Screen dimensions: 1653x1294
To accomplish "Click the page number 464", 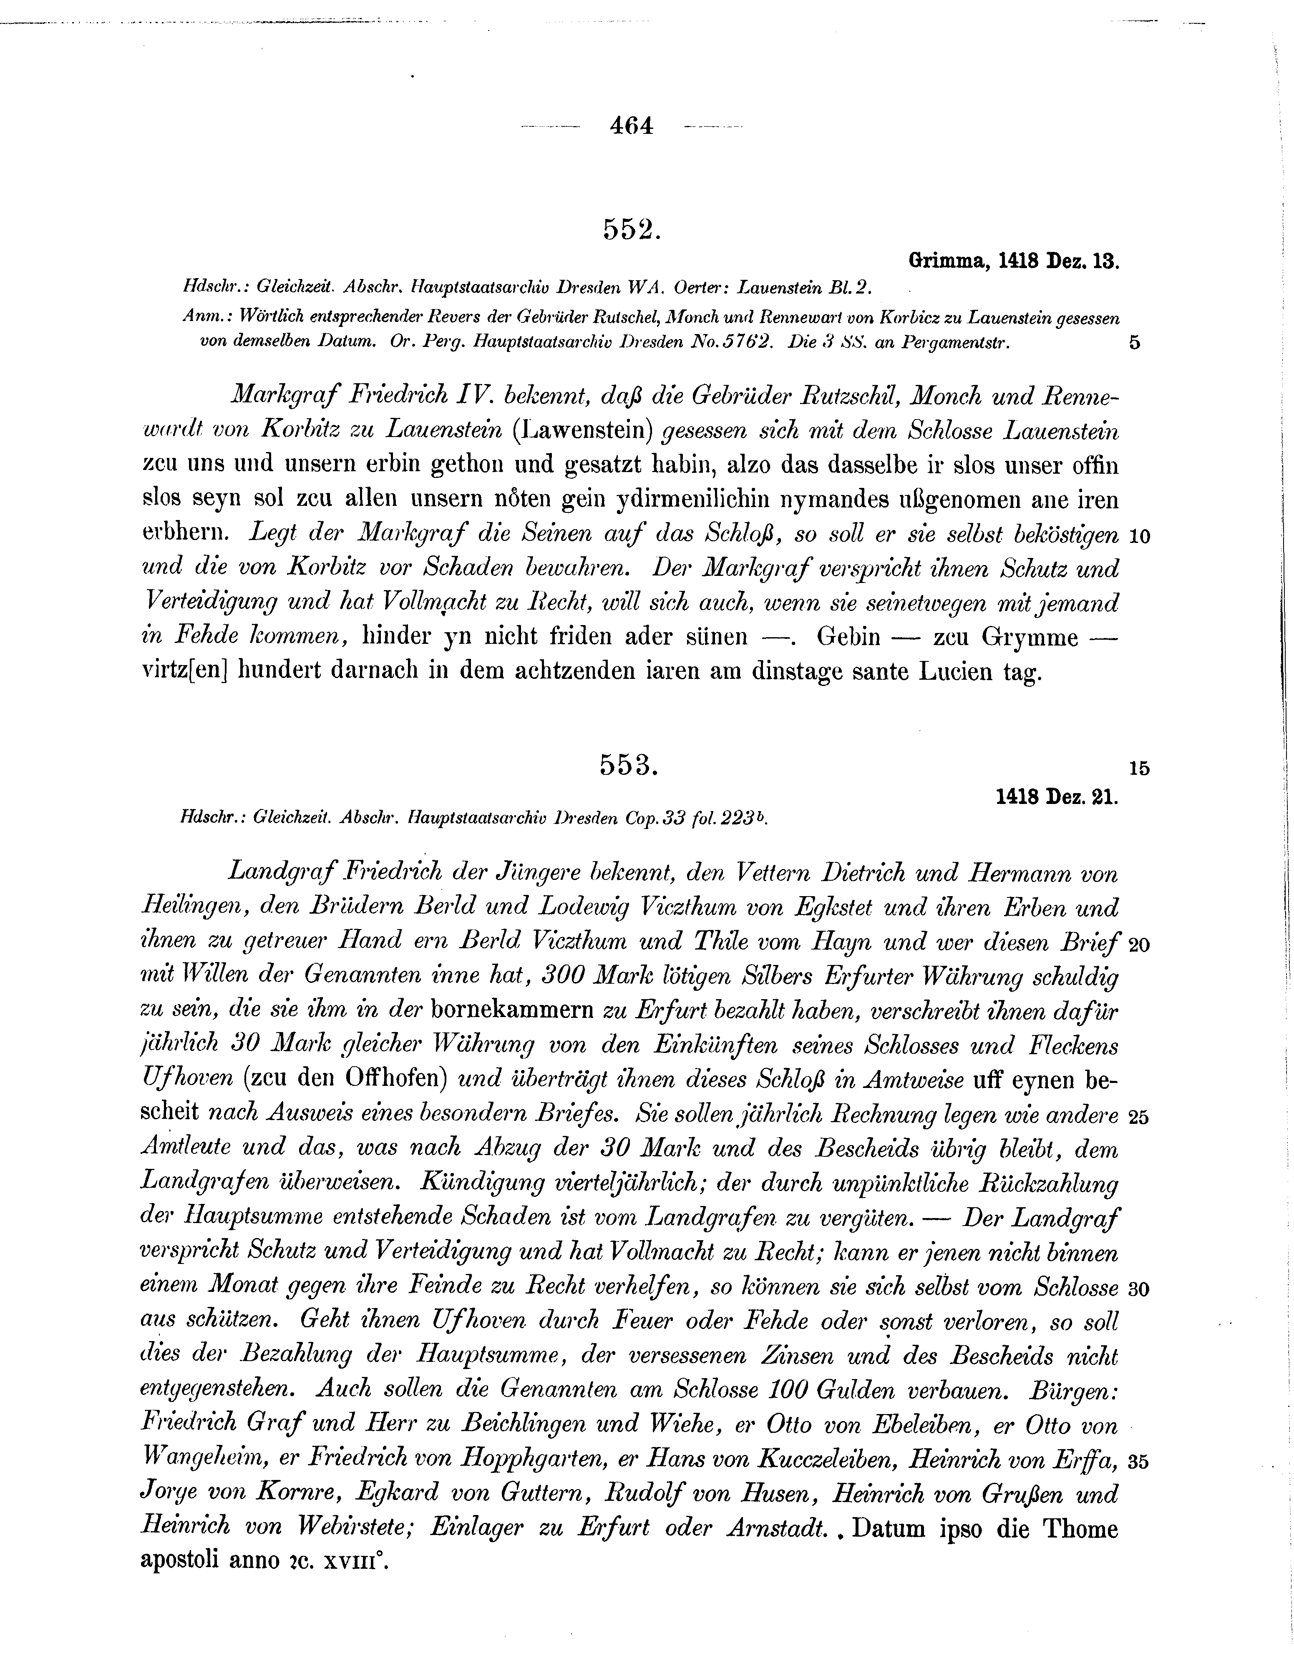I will (x=630, y=126).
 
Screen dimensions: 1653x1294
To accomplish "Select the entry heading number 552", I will (x=632, y=228).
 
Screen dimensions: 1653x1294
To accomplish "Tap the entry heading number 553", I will (x=629, y=766).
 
